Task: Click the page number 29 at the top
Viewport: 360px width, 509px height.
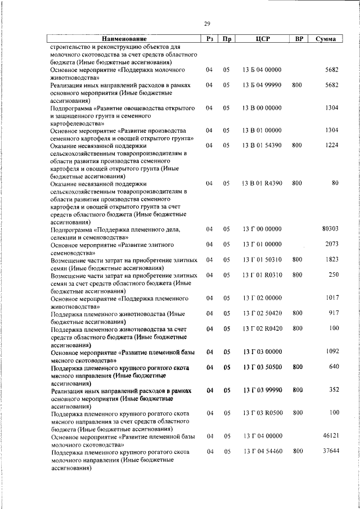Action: (206, 24)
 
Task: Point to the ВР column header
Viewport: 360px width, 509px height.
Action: (299, 39)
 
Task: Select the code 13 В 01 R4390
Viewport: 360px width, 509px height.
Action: (262, 183)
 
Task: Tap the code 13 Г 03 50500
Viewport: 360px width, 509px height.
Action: (262, 367)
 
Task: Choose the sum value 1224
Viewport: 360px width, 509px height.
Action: (331, 145)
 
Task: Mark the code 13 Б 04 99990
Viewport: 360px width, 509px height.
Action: (262, 84)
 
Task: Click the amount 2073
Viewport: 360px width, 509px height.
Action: (331, 244)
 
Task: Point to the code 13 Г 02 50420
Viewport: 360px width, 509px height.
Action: (262, 313)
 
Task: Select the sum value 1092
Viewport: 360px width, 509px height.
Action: (331, 352)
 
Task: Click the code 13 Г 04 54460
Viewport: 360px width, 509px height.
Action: (262, 451)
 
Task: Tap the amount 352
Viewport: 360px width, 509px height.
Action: (333, 389)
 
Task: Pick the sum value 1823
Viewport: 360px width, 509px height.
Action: (331, 259)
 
